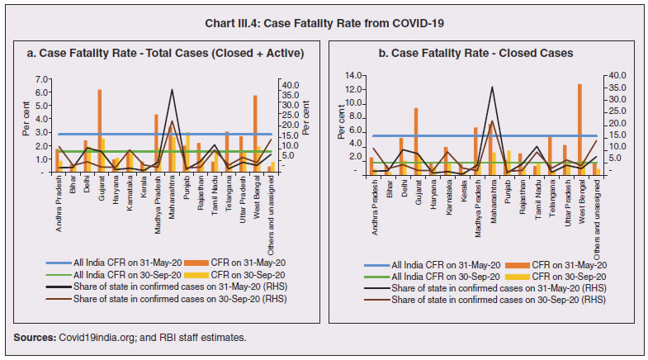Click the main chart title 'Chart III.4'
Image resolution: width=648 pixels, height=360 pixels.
324,22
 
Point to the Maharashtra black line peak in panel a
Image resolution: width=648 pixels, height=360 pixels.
172,89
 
